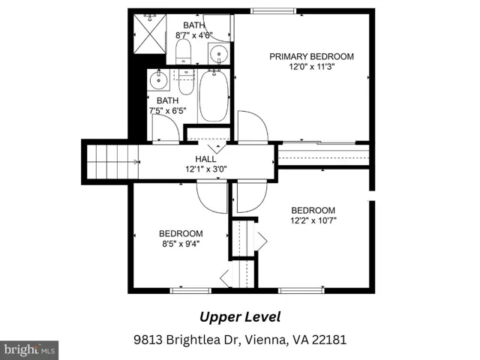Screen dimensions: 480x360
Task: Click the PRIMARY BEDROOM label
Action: tap(311, 57)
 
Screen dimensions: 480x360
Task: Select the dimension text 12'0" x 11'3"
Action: tap(312, 67)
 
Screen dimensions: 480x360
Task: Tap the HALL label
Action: tap(205, 159)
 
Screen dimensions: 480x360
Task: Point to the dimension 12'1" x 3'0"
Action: tap(206, 169)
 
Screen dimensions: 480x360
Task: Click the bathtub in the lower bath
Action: tap(214, 97)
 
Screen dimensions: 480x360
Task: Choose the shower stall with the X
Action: tap(150, 34)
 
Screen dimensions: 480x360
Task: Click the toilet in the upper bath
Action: tap(183, 52)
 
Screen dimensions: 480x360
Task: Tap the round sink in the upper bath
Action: tap(219, 54)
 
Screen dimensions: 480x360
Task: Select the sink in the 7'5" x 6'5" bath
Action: tap(158, 79)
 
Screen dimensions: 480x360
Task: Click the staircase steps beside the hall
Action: tap(112, 162)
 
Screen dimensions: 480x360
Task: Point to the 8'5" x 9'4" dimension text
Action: tap(181, 244)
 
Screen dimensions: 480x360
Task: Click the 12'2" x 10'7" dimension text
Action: tap(313, 220)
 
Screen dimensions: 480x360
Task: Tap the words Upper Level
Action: tap(240, 317)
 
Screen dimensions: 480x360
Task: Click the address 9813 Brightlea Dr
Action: tap(186, 340)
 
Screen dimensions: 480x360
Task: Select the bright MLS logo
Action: tap(29, 350)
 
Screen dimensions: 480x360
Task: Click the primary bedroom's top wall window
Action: tap(273, 11)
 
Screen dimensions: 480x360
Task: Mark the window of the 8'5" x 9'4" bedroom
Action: tap(190, 290)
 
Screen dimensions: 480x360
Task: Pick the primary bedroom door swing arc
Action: tap(253, 126)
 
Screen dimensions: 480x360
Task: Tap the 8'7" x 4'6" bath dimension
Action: tap(194, 35)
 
